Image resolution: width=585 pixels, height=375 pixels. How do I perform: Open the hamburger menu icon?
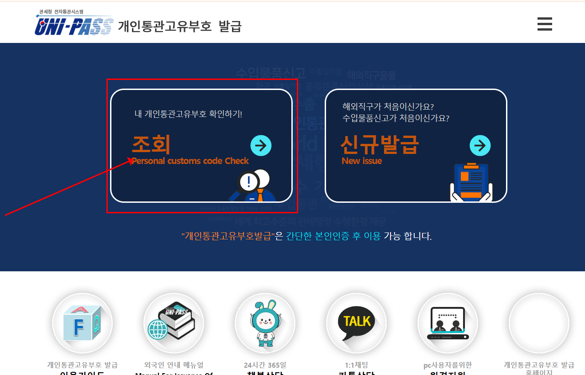(544, 24)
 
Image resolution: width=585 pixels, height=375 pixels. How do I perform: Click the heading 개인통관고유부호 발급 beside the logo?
(179, 26)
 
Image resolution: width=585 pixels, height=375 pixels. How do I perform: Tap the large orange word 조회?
(151, 144)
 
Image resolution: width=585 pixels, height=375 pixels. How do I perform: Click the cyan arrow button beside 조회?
(261, 146)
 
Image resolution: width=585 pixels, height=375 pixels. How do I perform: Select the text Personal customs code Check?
(190, 161)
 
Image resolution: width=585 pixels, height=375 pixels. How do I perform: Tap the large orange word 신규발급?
(379, 144)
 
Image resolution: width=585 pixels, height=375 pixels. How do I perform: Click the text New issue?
(362, 161)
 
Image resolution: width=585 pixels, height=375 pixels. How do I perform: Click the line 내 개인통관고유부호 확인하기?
(188, 114)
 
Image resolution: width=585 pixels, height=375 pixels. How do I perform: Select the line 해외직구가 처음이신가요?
(388, 106)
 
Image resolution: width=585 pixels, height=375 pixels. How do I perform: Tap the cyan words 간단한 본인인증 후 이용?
(333, 236)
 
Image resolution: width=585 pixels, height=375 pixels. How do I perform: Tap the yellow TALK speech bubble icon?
(357, 322)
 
